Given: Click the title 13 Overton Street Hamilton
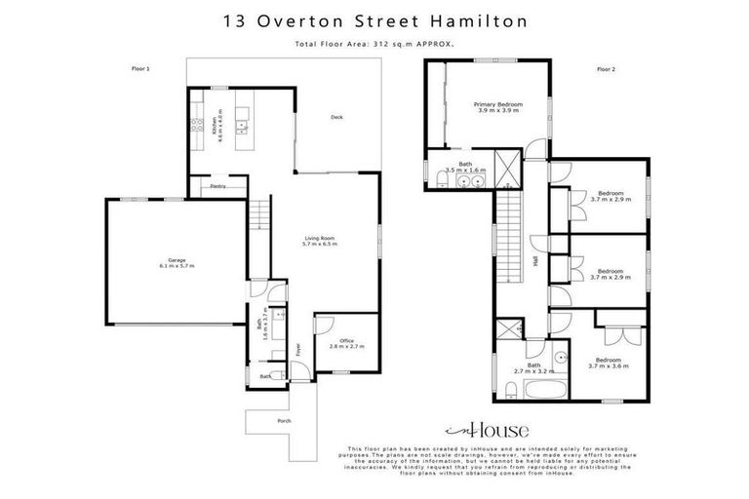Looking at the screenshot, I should tap(374, 19).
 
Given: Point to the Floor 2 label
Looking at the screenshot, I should tap(607, 69).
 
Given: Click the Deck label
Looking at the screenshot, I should tap(336, 118).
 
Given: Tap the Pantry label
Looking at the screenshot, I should tap(219, 186).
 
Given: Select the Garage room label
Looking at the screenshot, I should tap(177, 262).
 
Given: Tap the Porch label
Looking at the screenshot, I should tap(284, 421).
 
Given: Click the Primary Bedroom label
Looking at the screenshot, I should tap(498, 107).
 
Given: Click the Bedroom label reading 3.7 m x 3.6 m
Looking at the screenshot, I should tap(610, 364).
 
